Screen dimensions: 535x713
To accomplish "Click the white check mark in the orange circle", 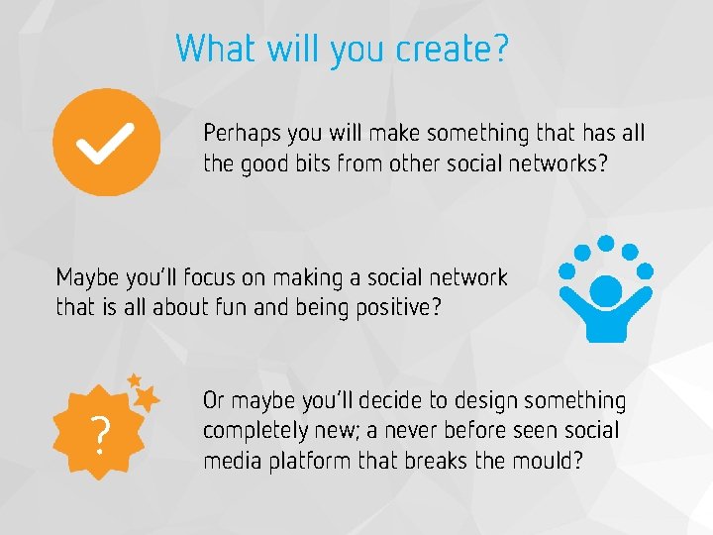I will coord(106,145).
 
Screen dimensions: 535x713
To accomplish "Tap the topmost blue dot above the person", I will coord(606,242).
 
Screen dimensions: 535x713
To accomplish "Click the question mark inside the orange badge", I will coord(99,434).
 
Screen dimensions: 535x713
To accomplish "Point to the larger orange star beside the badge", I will coord(147,398).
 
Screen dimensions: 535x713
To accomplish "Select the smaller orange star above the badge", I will coord(134,379).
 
